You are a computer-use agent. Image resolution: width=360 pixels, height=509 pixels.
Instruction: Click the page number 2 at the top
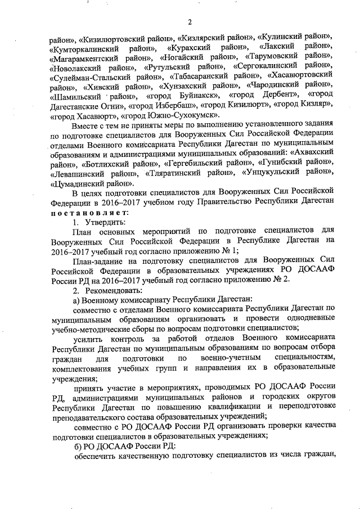190,22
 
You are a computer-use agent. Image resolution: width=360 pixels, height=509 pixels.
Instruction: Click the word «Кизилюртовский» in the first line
112,39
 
